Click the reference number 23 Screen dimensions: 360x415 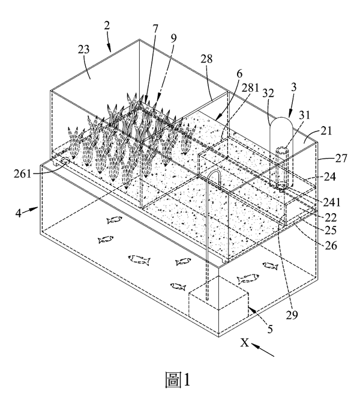click(83, 49)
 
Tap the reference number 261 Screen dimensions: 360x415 click(22, 174)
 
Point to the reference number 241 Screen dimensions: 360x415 click(332, 202)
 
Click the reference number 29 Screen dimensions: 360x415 click(292, 315)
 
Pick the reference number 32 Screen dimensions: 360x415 click(268, 93)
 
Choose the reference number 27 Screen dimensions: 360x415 click(341, 158)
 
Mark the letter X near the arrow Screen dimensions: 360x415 click(245, 342)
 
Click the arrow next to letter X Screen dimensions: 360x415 click(262, 350)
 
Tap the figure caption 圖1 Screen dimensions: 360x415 click(178, 380)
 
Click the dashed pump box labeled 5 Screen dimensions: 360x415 click(218, 297)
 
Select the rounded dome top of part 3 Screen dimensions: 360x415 click(281, 123)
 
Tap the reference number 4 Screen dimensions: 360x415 click(18, 213)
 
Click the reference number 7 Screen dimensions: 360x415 click(155, 29)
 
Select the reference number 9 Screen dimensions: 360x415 click(173, 38)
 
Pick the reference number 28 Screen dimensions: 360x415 click(206, 59)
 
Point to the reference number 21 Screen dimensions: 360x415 click(326, 131)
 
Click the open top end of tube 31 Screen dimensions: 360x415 click(282, 150)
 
